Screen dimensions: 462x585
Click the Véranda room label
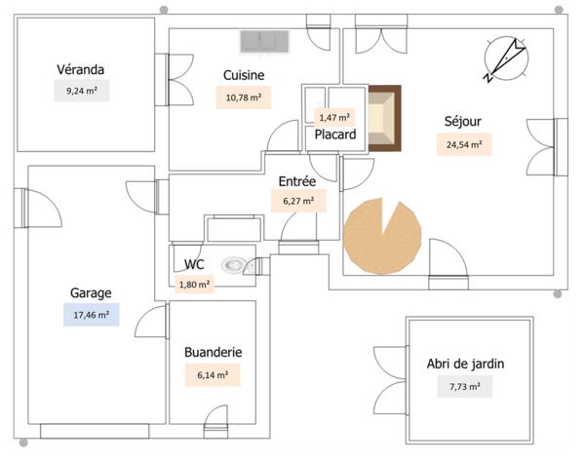pos(80,69)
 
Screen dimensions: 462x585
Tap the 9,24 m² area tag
pos(81,92)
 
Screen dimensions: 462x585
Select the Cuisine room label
pos(244,75)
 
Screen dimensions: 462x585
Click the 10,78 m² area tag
pos(243,97)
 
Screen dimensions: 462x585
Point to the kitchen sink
pos(265,41)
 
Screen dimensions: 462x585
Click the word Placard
pos(334,135)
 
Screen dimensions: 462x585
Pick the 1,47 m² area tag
pos(334,117)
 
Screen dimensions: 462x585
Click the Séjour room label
pos(463,122)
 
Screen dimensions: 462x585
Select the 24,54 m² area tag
pos(464,144)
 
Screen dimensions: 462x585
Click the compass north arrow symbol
pos(506,58)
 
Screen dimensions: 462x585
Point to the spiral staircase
pos(381,235)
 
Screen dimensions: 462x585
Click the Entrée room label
pos(296,181)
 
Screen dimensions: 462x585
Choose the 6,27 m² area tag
pos(297,202)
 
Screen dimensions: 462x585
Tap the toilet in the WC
pos(235,264)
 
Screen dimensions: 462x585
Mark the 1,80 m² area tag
pos(194,285)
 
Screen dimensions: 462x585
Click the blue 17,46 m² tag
pos(91,314)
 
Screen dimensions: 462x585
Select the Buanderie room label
pos(213,352)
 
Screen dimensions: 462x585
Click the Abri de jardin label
pos(465,365)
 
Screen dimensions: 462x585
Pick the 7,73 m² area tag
pos(465,387)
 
